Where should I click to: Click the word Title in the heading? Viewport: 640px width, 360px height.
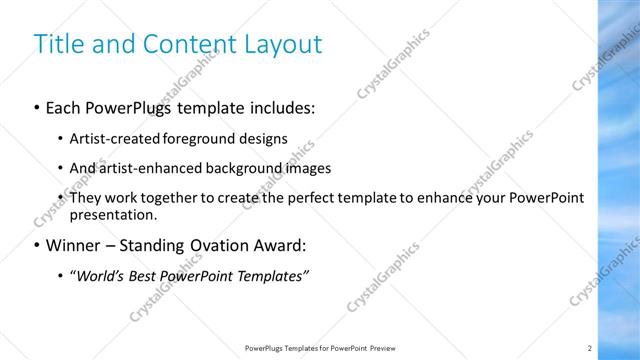pos(56,44)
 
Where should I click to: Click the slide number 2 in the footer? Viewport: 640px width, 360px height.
pos(590,348)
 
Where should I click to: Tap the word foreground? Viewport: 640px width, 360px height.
pos(211,139)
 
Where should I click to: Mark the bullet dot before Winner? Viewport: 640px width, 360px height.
pos(37,245)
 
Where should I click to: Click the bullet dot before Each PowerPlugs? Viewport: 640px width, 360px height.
pos(37,107)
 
